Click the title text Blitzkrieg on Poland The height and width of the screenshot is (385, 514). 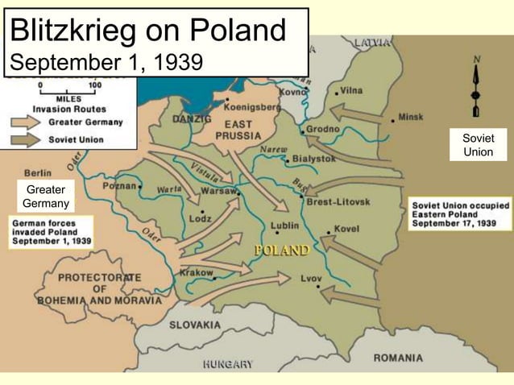click(148, 31)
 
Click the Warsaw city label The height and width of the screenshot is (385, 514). click(218, 192)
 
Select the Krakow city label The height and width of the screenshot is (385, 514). click(197, 273)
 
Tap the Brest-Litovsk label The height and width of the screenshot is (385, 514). click(338, 202)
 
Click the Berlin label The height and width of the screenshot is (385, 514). click(38, 172)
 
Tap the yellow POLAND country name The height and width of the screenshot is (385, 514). click(282, 250)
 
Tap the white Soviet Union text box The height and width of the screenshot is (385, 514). click(479, 145)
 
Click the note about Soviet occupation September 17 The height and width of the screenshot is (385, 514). click(460, 214)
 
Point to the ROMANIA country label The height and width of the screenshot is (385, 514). click(398, 357)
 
